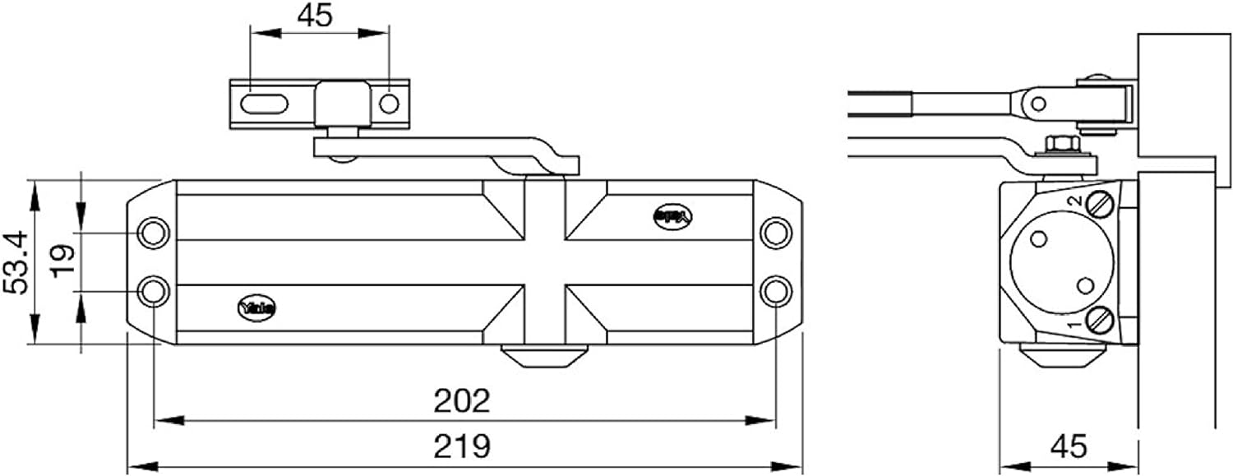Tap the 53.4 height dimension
point(17,262)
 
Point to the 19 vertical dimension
point(64,261)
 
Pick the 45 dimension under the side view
point(1068,446)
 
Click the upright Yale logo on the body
point(258,307)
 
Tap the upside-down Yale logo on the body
point(674,216)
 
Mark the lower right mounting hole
point(774,291)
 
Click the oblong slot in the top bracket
point(265,104)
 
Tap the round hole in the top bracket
point(389,104)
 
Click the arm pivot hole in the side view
point(1039,104)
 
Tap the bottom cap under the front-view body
point(543,358)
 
